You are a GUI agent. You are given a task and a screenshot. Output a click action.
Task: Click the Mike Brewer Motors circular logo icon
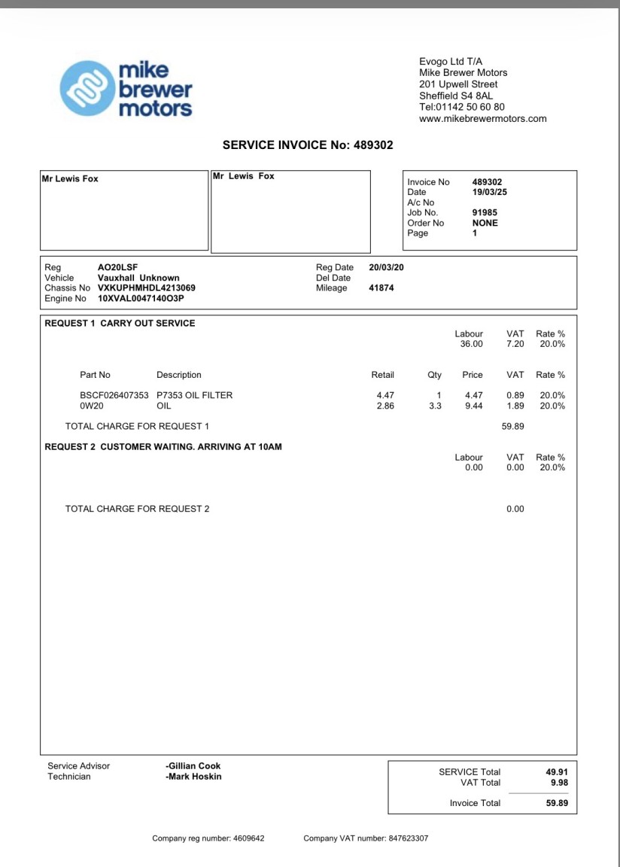(x=87, y=89)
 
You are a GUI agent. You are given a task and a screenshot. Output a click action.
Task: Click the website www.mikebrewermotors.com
(x=482, y=119)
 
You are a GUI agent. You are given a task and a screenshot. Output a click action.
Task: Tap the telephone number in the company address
(x=462, y=107)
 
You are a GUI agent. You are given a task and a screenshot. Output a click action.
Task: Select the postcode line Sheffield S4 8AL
(x=456, y=96)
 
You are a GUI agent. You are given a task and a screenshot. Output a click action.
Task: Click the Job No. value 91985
(x=485, y=213)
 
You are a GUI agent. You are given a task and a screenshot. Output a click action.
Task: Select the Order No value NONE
(x=485, y=223)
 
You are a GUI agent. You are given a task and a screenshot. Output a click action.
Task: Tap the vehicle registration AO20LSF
(x=117, y=267)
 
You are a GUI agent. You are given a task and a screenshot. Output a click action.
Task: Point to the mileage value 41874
(x=381, y=288)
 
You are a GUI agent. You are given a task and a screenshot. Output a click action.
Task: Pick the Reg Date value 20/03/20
(x=387, y=267)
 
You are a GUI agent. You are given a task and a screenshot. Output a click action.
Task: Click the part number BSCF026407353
(x=114, y=395)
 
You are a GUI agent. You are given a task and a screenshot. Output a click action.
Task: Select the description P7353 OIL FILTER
(x=194, y=395)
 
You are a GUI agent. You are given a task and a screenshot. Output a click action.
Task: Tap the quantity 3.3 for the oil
(x=435, y=406)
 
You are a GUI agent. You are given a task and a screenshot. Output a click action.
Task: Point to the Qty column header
(x=434, y=375)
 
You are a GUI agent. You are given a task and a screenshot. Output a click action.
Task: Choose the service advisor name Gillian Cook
(x=193, y=766)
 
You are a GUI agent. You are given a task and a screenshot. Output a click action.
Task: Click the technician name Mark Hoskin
(x=193, y=777)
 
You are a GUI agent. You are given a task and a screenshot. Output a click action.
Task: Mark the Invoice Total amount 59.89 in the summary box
(x=557, y=803)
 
